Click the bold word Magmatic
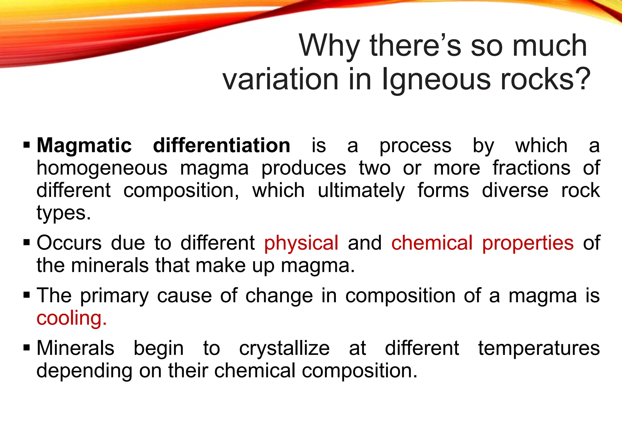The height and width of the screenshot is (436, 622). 84,145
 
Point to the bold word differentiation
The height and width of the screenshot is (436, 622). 221,145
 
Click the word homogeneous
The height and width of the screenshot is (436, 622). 102,168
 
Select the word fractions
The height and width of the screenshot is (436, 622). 531,168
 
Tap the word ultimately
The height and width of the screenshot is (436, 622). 361,191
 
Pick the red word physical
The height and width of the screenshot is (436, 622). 301,243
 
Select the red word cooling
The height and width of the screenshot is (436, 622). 71,318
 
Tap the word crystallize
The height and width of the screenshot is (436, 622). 284,348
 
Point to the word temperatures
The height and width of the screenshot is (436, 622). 539,348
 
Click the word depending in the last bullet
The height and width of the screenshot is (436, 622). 84,371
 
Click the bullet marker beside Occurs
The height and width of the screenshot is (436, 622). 27,243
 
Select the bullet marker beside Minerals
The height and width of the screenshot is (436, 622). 27,348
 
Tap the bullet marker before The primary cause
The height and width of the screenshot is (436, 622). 27,295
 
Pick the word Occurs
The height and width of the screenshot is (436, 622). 69,243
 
